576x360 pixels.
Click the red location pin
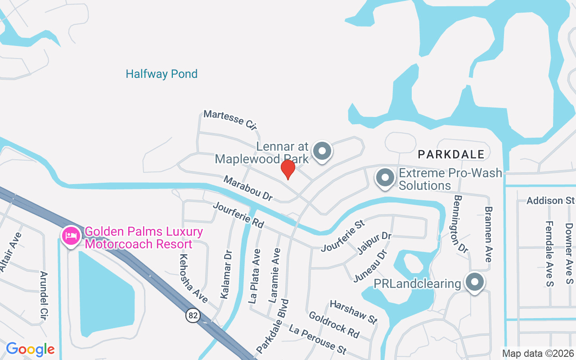point(288,170)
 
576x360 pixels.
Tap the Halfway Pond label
point(162,74)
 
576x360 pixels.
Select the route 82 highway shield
point(193,315)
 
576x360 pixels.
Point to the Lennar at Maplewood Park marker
point(322,151)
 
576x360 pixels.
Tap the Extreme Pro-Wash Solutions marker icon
point(385,178)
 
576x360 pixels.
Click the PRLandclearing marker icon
point(474,283)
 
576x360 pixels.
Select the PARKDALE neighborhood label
point(451,154)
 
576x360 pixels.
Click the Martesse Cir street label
point(230,120)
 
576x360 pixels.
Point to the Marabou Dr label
point(248,189)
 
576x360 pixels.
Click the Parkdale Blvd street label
point(272,325)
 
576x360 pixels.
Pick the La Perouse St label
point(318,338)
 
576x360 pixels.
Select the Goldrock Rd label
point(334,324)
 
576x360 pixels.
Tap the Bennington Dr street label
point(461,223)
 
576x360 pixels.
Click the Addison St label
point(551,200)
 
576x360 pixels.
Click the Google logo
point(30,349)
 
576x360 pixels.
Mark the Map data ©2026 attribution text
point(538,353)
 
